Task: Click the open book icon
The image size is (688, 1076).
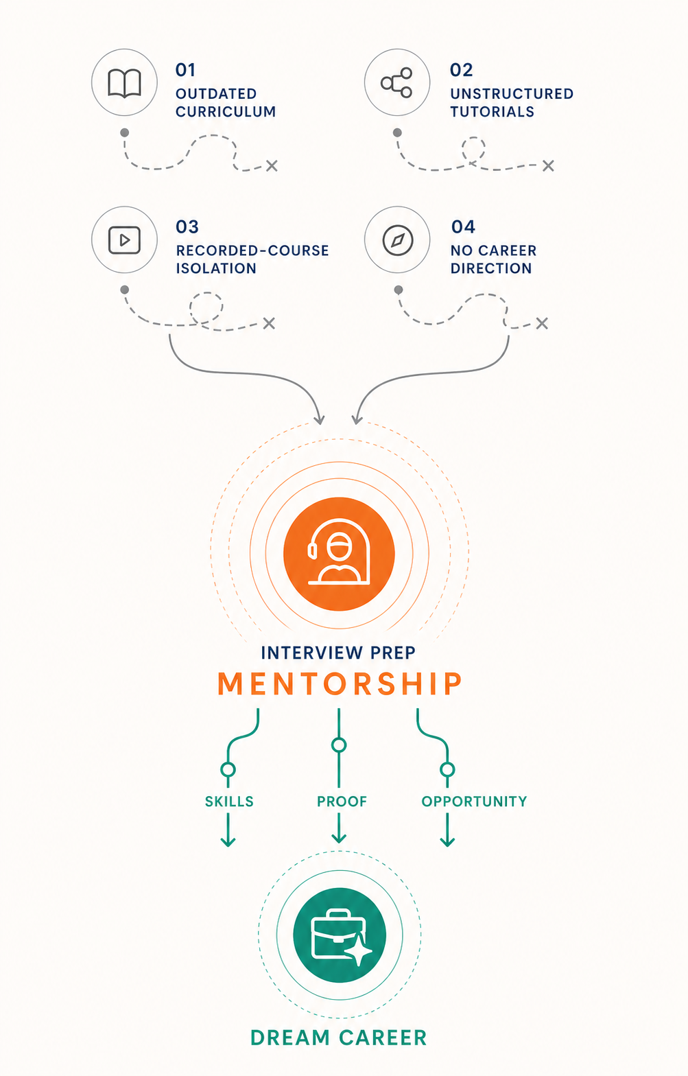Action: point(124,83)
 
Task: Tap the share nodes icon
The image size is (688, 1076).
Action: point(396,82)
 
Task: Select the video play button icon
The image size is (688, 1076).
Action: point(124,239)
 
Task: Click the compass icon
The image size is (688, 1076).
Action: point(398,239)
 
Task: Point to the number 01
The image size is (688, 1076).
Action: point(185,70)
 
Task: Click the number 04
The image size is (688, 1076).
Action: point(463,226)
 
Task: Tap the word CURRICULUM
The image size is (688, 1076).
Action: point(226,111)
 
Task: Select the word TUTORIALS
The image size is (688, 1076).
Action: point(492,111)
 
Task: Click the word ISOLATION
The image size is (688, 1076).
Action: point(216,268)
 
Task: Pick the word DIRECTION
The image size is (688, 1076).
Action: point(490,268)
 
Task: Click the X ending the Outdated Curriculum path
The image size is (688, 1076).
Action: point(272,166)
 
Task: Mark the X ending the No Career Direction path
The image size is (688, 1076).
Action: point(542,323)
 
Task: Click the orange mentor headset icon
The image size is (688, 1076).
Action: point(339,554)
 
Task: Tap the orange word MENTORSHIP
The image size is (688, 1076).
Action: point(340,683)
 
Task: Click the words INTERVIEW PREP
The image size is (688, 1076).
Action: point(338,653)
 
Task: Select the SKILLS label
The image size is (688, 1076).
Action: point(229,802)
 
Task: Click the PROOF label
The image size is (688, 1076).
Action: point(342,802)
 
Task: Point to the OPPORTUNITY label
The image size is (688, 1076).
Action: point(474,802)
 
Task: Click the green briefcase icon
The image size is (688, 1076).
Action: point(340,935)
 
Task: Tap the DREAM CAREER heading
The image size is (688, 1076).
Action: point(338,1038)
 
